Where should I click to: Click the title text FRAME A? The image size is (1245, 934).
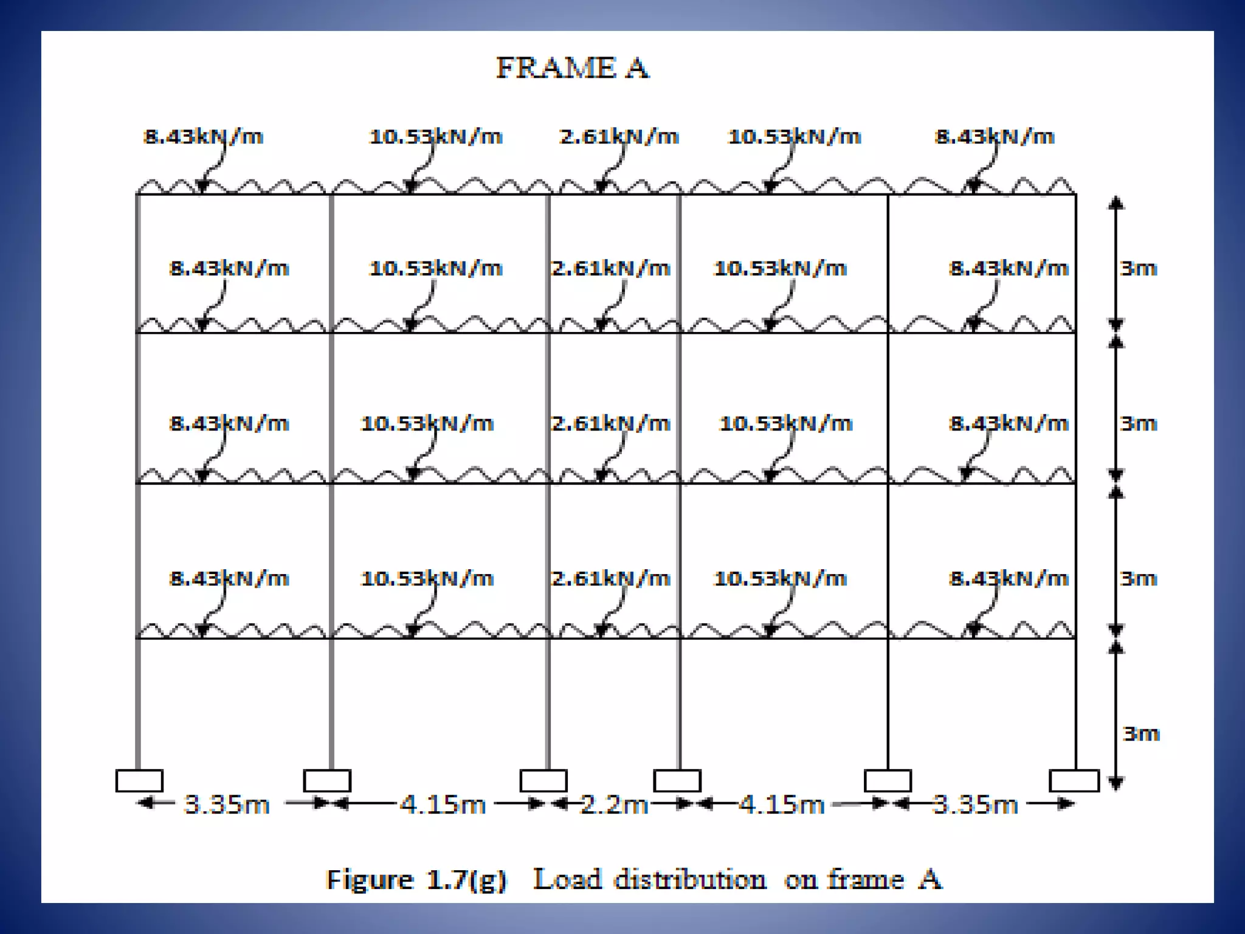coord(573,67)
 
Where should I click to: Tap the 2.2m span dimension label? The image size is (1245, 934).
coord(614,804)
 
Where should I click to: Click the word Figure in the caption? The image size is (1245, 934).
coord(369,880)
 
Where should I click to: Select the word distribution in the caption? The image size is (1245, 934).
coord(690,880)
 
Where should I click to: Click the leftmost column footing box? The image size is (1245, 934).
coord(139,781)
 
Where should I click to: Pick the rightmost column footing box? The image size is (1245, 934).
coord(1074,781)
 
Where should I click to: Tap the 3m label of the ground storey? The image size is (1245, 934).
coord(1141,734)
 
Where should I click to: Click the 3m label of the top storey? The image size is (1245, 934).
coord(1139,268)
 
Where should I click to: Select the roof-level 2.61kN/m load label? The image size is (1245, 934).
coord(619,137)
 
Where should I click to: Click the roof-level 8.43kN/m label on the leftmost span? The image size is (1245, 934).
coord(203,137)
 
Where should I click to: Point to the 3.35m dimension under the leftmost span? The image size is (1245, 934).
coord(226,804)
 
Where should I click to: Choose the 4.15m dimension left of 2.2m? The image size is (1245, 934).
coord(443,804)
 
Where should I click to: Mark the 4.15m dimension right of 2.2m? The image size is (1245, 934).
coord(781,804)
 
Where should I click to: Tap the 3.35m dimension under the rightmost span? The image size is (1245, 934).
coord(975,804)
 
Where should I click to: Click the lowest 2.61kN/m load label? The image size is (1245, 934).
coord(610,578)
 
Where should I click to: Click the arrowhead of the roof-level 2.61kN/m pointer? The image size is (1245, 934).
coord(602,186)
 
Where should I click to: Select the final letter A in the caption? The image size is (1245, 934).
coord(930,880)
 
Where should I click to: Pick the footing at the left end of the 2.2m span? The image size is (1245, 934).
coord(543,781)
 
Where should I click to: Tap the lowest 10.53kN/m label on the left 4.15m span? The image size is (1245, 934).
coord(427,578)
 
